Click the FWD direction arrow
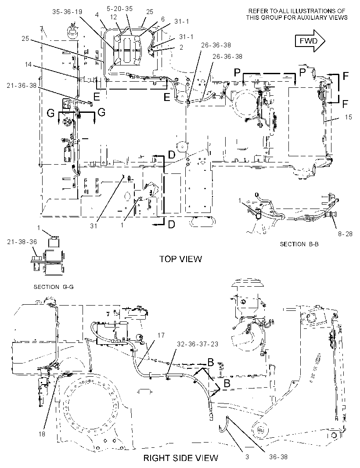310,41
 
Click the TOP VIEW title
180,259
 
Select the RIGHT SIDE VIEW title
181,458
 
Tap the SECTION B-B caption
299,244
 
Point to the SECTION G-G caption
54,287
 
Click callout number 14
28,64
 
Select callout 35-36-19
67,12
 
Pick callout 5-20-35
119,8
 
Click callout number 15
348,117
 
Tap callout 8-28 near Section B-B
345,234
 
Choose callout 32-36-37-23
197,344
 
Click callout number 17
161,335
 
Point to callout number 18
42,434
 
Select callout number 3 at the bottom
247,457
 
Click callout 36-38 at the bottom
278,457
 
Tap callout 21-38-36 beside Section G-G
22,242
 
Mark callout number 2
181,47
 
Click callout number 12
113,17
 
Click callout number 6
163,19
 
